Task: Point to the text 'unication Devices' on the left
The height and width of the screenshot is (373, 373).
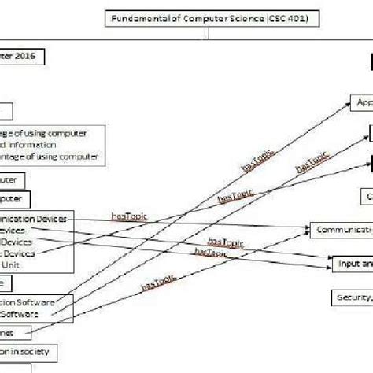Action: [38, 217]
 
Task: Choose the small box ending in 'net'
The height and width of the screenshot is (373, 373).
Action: [16, 331]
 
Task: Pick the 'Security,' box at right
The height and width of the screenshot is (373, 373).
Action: [351, 297]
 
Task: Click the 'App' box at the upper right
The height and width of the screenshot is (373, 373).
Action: [362, 102]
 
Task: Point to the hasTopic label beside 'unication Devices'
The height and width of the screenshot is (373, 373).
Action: [128, 215]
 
